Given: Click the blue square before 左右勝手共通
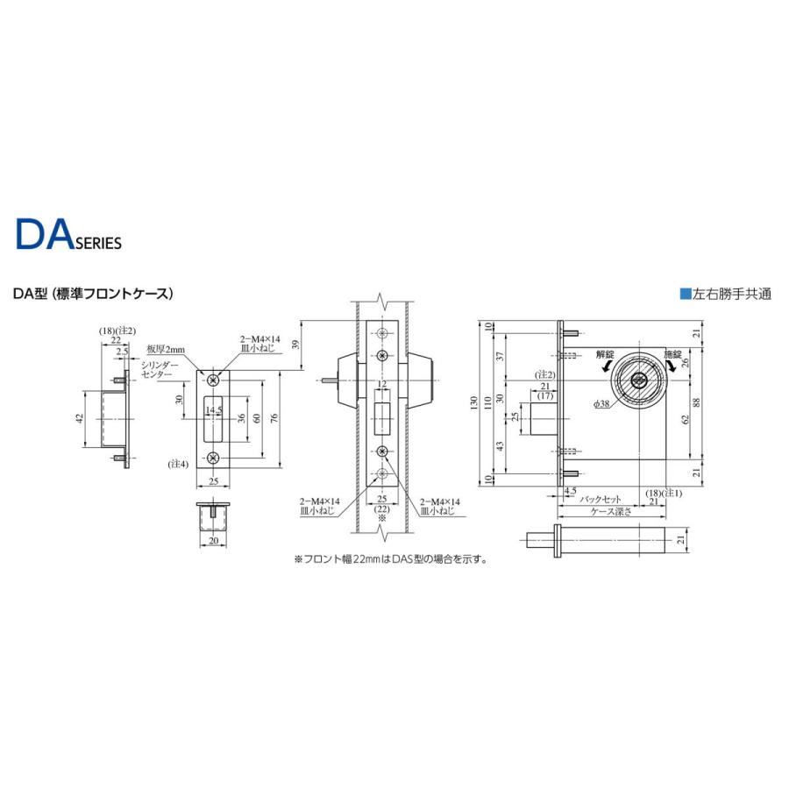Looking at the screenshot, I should (x=685, y=295).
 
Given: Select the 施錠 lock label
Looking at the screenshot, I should (x=672, y=355).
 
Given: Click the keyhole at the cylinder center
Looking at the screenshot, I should (x=638, y=382).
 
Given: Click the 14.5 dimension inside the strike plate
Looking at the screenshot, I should (x=213, y=409).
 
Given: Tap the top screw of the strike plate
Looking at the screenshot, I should (x=212, y=377).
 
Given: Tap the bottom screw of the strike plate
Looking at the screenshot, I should (x=212, y=457).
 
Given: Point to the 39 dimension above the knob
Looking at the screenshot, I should (x=297, y=343).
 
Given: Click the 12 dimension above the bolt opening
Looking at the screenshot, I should (x=381, y=385).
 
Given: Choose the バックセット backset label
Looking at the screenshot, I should (x=600, y=499).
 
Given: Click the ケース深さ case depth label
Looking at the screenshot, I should (x=610, y=511).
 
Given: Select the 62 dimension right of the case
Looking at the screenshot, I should (x=685, y=418).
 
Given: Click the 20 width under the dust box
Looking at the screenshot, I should (x=212, y=541).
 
